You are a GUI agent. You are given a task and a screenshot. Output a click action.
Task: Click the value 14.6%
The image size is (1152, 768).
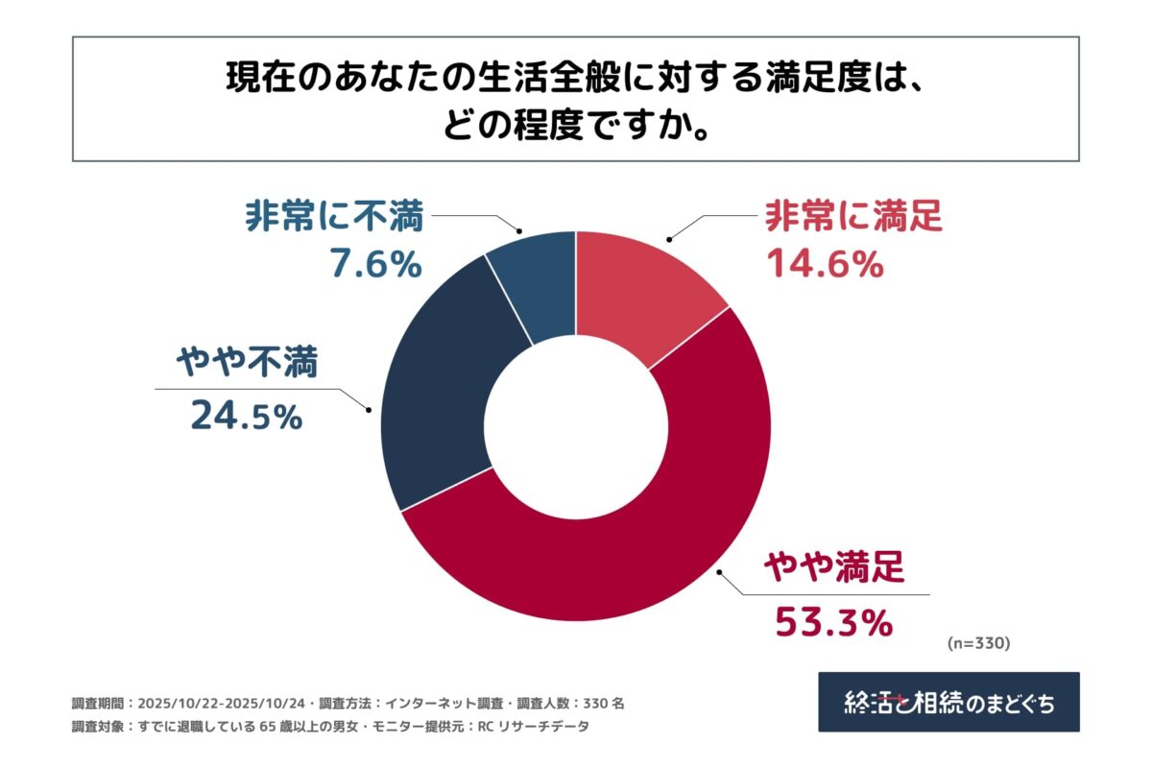825,263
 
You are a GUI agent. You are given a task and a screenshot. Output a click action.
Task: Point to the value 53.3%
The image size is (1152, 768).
833,625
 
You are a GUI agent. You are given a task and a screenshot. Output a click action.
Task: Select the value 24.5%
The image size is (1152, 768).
247,416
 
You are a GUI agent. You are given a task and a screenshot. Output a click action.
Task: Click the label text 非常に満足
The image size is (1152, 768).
853,218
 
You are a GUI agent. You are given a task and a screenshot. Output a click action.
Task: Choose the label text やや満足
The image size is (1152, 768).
833,570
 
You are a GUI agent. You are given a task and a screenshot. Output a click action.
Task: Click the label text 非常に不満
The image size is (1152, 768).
333,218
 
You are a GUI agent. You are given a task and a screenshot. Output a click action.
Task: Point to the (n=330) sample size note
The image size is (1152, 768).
978,643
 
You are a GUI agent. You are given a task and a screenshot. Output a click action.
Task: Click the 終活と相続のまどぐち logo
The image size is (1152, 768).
948,703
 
